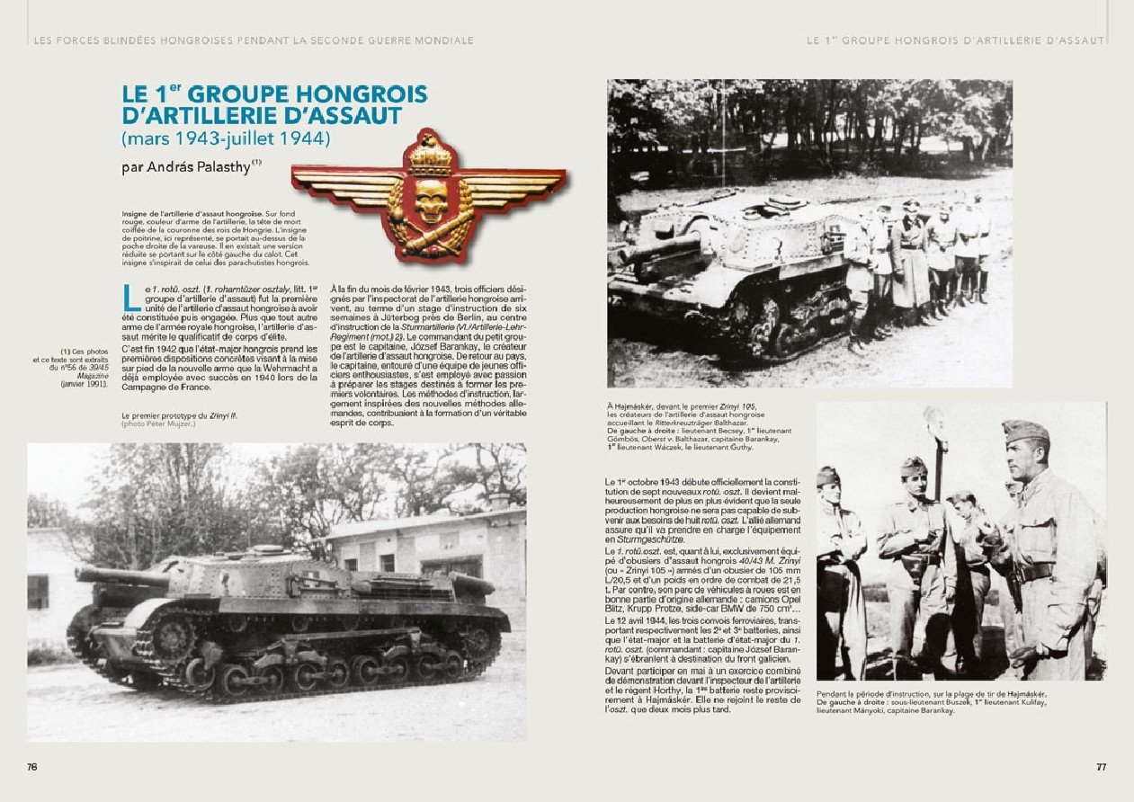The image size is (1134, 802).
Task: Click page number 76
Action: tap(32, 767)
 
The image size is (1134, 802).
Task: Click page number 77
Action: tap(1101, 767)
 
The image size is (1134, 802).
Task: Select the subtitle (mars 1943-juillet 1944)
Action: tap(227, 139)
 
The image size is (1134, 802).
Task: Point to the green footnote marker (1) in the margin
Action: tap(65, 351)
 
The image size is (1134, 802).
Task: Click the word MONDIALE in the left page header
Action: tap(442, 40)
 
